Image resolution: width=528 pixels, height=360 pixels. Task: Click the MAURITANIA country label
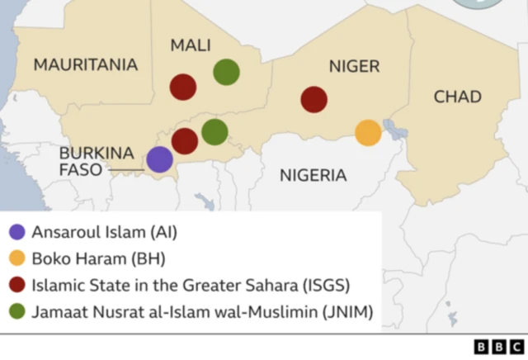[x=86, y=65]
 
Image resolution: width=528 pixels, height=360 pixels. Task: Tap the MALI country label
[x=191, y=45]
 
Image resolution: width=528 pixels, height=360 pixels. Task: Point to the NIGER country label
[x=354, y=66]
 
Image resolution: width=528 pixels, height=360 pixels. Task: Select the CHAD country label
[x=457, y=97]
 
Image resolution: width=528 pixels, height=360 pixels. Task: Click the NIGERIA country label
[x=313, y=175]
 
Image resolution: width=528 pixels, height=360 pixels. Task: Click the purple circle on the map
[x=159, y=160]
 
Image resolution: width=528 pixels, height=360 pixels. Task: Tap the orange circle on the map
[x=368, y=132]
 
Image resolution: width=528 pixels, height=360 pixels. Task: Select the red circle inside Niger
[x=313, y=100]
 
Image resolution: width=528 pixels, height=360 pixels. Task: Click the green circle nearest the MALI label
[x=227, y=72]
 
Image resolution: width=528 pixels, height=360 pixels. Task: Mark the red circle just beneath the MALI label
[x=183, y=86]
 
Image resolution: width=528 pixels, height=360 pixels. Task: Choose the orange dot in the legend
[x=17, y=259]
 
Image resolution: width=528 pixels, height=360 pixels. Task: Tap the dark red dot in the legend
[x=17, y=286]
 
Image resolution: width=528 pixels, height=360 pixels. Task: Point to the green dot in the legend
[x=17, y=312]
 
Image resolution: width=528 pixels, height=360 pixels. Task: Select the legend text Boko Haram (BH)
[x=98, y=259]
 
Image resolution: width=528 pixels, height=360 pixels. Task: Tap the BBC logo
[x=498, y=347]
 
